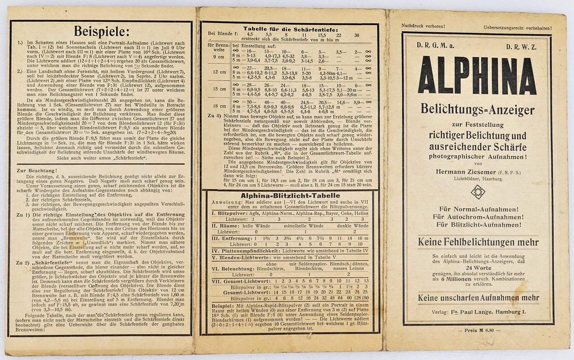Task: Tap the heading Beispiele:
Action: (101, 31)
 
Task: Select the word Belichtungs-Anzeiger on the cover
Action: (477, 110)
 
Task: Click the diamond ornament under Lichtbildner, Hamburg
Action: (478, 191)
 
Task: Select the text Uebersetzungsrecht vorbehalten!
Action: (517, 27)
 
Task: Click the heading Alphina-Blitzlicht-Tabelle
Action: (290, 196)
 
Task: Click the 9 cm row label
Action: (219, 57)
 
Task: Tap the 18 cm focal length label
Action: (219, 106)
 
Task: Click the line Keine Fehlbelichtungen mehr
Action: (478, 243)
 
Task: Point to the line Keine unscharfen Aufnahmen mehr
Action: (478, 298)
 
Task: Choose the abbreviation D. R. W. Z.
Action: (522, 46)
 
